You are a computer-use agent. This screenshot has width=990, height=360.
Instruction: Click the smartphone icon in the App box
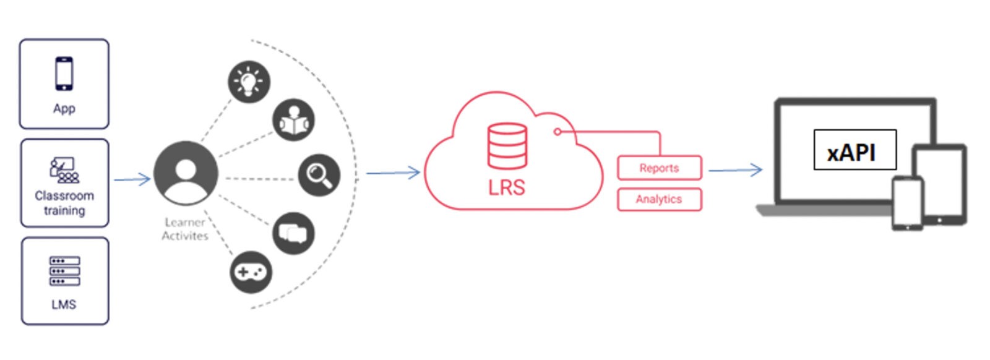64,74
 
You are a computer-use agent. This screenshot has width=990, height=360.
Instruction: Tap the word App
64,108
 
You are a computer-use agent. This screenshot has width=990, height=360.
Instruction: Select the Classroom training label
64,203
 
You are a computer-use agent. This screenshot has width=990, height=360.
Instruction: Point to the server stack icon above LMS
64,272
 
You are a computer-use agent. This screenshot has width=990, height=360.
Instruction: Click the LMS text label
64,304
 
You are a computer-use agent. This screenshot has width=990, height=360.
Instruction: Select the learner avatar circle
186,173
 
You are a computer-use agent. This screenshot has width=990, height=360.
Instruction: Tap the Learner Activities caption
185,229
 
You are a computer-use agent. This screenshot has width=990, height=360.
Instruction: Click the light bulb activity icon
249,82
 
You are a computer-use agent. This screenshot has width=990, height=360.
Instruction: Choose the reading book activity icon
293,120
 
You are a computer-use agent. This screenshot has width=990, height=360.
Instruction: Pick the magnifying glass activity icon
319,175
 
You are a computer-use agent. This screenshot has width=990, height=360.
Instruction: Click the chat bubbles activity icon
293,233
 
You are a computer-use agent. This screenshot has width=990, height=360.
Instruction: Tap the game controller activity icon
251,272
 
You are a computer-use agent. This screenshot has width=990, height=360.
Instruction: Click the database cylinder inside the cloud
507,146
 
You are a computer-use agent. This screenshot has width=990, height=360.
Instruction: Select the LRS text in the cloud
506,187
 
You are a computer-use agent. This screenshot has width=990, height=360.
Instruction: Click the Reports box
659,168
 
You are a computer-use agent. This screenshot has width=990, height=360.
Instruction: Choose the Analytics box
659,199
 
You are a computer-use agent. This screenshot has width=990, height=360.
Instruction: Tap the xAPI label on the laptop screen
854,150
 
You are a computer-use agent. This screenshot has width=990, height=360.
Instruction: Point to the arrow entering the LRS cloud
394,173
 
